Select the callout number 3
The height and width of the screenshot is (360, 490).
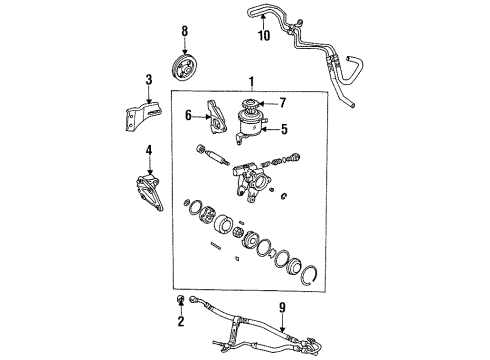pyautogui.click(x=148, y=80)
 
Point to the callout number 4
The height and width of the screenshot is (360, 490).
pyautogui.click(x=148, y=153)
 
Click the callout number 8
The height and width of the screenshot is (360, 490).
pyautogui.click(x=183, y=32)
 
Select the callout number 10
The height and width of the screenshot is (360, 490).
pyautogui.click(x=264, y=37)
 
